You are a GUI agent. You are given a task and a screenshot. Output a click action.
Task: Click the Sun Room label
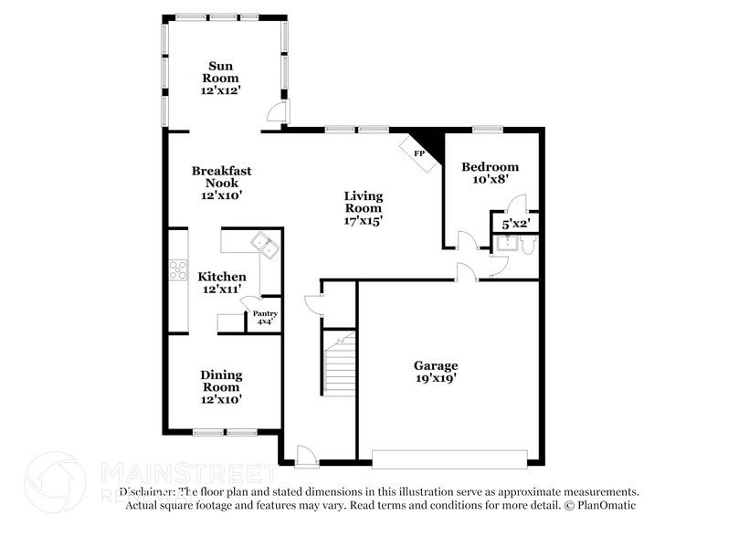point(221,78)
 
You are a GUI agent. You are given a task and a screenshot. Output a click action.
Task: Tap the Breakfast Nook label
point(221,183)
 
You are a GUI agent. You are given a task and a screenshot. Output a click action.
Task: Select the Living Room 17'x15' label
point(363,207)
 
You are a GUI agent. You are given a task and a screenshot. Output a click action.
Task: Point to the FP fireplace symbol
point(419,153)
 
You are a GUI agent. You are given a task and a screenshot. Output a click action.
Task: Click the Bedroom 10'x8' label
point(490,173)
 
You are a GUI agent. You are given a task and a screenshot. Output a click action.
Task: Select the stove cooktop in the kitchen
point(177,270)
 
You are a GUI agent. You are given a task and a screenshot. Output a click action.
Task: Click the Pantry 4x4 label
point(266,318)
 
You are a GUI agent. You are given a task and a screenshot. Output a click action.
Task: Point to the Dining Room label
point(221,381)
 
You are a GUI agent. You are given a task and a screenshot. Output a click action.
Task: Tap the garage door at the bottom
point(449,458)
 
